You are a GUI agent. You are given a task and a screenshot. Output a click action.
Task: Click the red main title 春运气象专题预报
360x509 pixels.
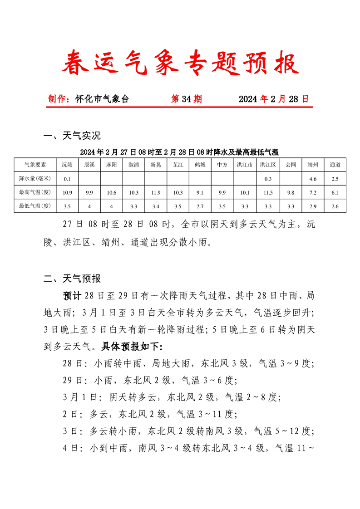(180, 63)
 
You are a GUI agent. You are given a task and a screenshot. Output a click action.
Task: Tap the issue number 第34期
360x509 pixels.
(186, 99)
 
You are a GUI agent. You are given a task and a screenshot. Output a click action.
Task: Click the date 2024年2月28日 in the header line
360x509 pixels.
(273, 99)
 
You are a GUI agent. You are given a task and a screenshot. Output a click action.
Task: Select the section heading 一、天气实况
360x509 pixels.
(72, 136)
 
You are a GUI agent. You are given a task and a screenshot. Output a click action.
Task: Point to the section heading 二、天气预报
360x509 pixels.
(72, 278)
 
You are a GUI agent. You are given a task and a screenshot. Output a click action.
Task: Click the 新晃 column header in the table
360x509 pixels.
(156, 165)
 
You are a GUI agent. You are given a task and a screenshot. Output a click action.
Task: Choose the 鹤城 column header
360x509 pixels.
(200, 165)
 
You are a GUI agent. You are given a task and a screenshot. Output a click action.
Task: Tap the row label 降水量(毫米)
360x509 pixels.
(35, 179)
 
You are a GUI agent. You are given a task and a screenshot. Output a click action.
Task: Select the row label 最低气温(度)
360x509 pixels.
(35, 206)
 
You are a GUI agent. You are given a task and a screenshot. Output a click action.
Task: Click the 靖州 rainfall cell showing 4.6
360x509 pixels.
(313, 179)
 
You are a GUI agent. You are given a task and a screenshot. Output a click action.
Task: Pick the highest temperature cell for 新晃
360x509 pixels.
(156, 192)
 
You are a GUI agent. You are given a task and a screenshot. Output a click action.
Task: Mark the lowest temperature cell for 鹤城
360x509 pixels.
(200, 206)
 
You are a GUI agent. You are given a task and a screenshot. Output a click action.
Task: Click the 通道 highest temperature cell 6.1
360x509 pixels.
(335, 192)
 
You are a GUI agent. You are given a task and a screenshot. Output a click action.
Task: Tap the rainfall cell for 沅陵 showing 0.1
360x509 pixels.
(67, 179)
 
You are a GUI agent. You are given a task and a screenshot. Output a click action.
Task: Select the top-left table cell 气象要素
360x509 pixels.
(35, 165)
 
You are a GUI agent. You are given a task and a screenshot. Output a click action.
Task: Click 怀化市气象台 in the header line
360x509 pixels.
(102, 99)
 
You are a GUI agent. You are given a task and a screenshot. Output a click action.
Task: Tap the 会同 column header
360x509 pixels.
(291, 165)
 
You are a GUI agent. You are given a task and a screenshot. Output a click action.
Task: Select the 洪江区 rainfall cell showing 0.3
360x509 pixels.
(268, 179)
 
